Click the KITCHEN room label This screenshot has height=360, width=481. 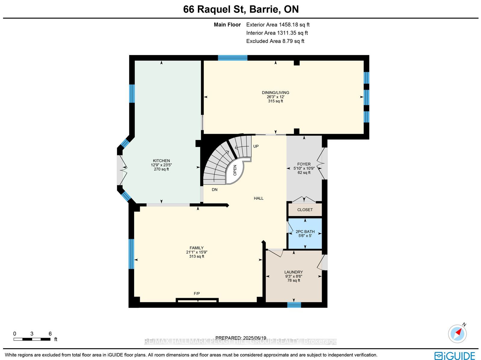[x=161, y=160]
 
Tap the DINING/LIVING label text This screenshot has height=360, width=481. [x=275, y=93]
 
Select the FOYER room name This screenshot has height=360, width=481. [x=304, y=164]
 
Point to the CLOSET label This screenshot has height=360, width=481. [x=305, y=209]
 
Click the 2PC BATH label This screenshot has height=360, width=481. [x=305, y=231]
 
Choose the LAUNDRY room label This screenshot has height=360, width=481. [x=294, y=272]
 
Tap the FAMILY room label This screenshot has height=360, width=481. [x=197, y=248]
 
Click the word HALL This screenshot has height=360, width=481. [x=259, y=198]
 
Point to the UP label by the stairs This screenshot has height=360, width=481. [x=256, y=146]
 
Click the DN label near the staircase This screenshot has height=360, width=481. [x=215, y=189]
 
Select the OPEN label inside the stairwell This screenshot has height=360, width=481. [x=235, y=170]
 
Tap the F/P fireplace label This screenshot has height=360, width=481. [x=197, y=293]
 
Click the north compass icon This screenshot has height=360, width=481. [x=457, y=334]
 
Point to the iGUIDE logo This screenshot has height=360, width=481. [x=455, y=356]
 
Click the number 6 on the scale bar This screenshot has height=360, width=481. [x=50, y=334]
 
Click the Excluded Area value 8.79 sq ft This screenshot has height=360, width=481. [x=293, y=41]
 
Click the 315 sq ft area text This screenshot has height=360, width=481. [x=275, y=101]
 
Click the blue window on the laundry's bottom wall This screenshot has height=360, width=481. [x=294, y=305]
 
